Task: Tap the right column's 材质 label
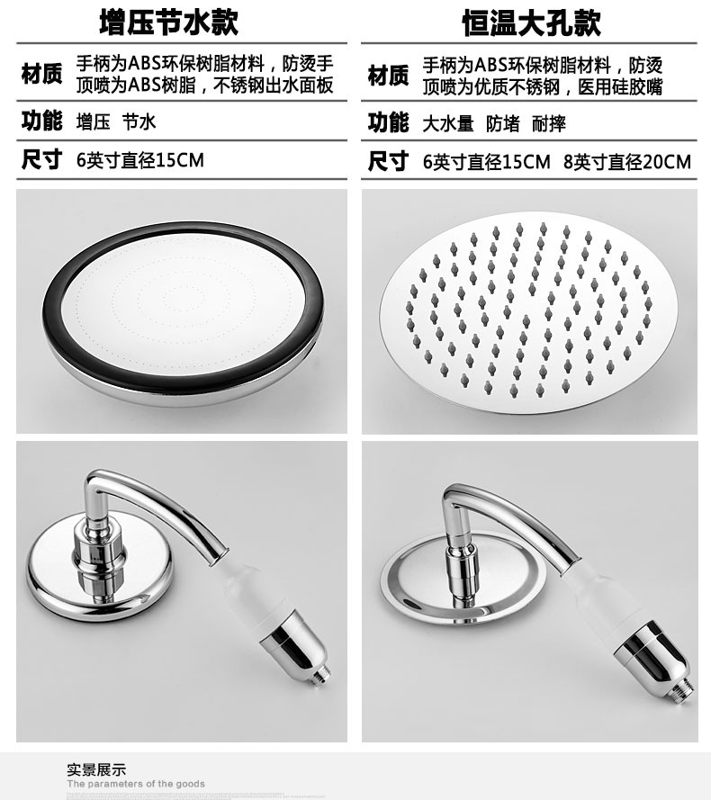388,75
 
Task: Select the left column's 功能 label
41,121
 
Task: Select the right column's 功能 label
388,121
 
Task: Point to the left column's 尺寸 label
41,160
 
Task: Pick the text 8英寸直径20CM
627,162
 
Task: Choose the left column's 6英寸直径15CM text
140,161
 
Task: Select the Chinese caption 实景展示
96,769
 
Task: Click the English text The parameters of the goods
136,784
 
